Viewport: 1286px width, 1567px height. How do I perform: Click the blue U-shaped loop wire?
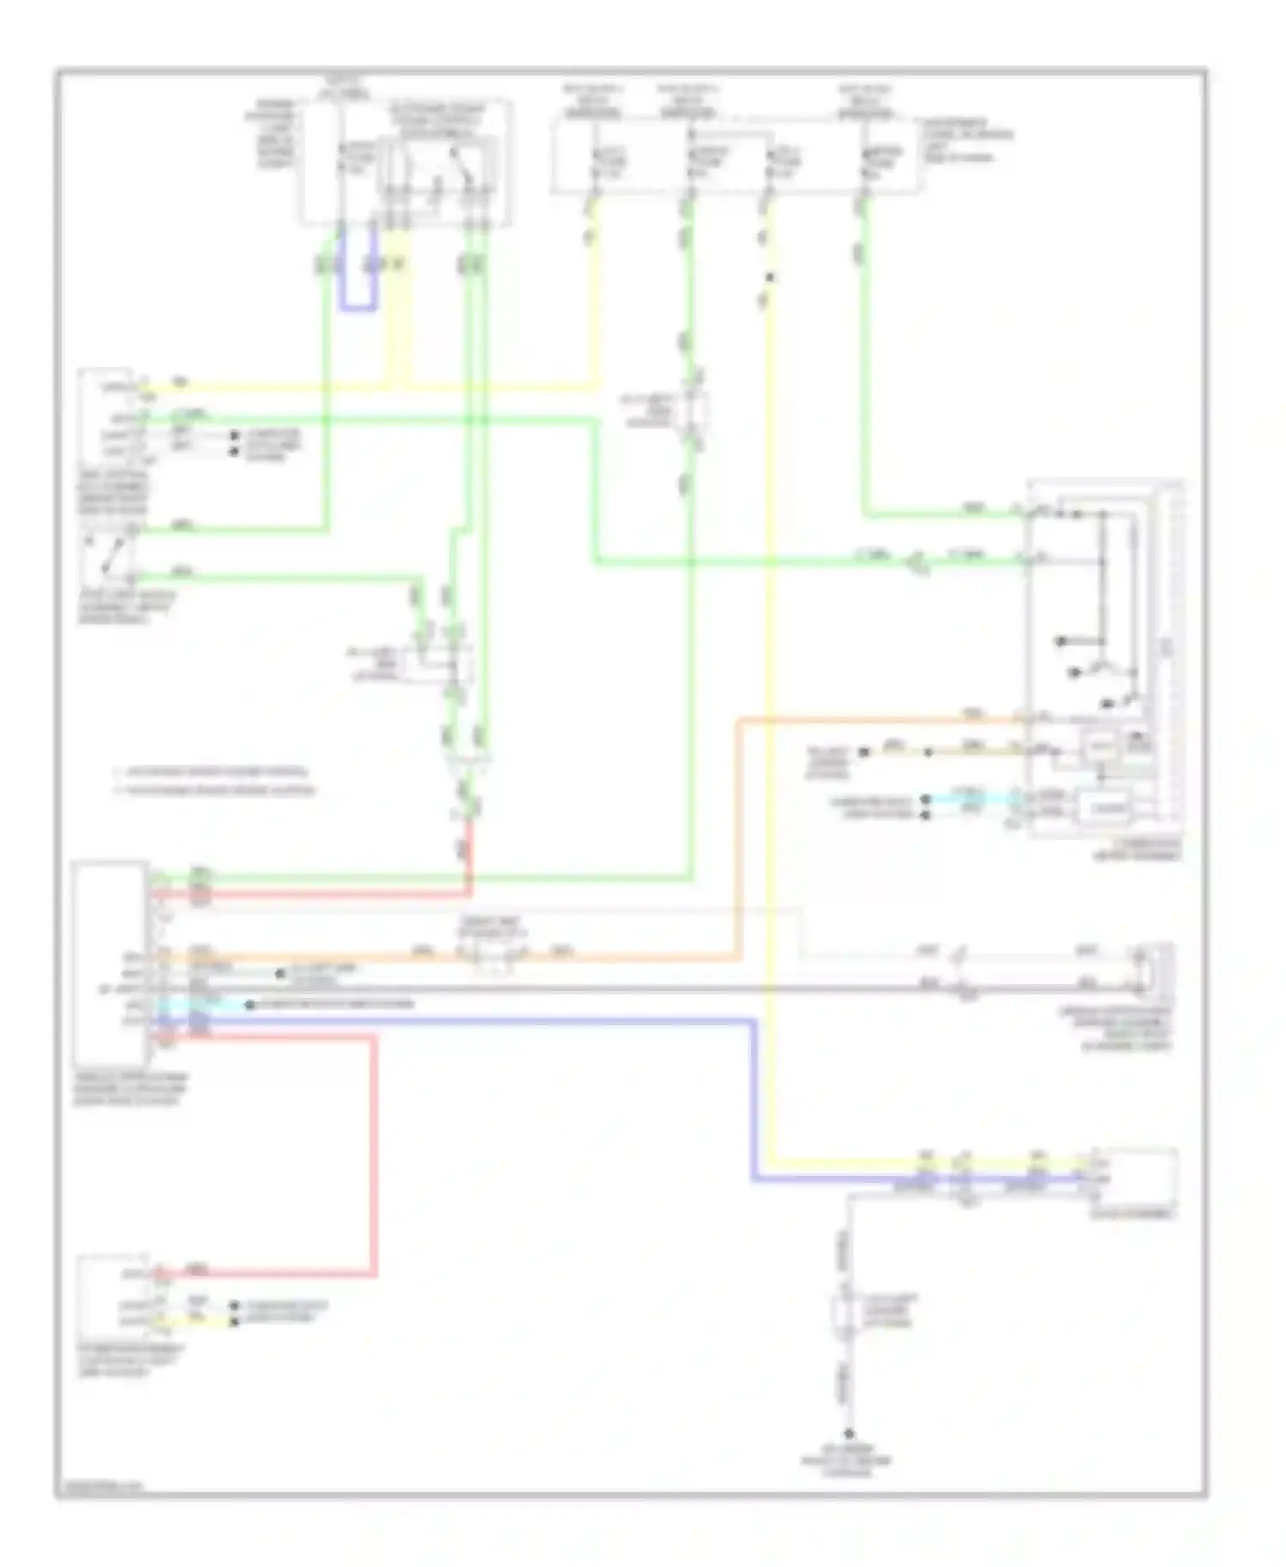pyautogui.click(x=358, y=307)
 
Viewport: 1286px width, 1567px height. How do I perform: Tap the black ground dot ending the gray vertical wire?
pyautogui.click(x=850, y=1434)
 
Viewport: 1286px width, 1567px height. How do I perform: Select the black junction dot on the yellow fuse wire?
pyautogui.click(x=769, y=277)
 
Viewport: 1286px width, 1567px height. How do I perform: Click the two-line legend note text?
pyautogui.click(x=214, y=780)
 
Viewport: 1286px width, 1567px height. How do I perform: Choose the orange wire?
pyautogui.click(x=737, y=840)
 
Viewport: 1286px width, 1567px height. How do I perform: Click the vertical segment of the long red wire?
pyautogui.click(x=375, y=1157)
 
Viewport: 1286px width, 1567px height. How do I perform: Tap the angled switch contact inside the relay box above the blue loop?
pyautogui.click(x=461, y=165)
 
